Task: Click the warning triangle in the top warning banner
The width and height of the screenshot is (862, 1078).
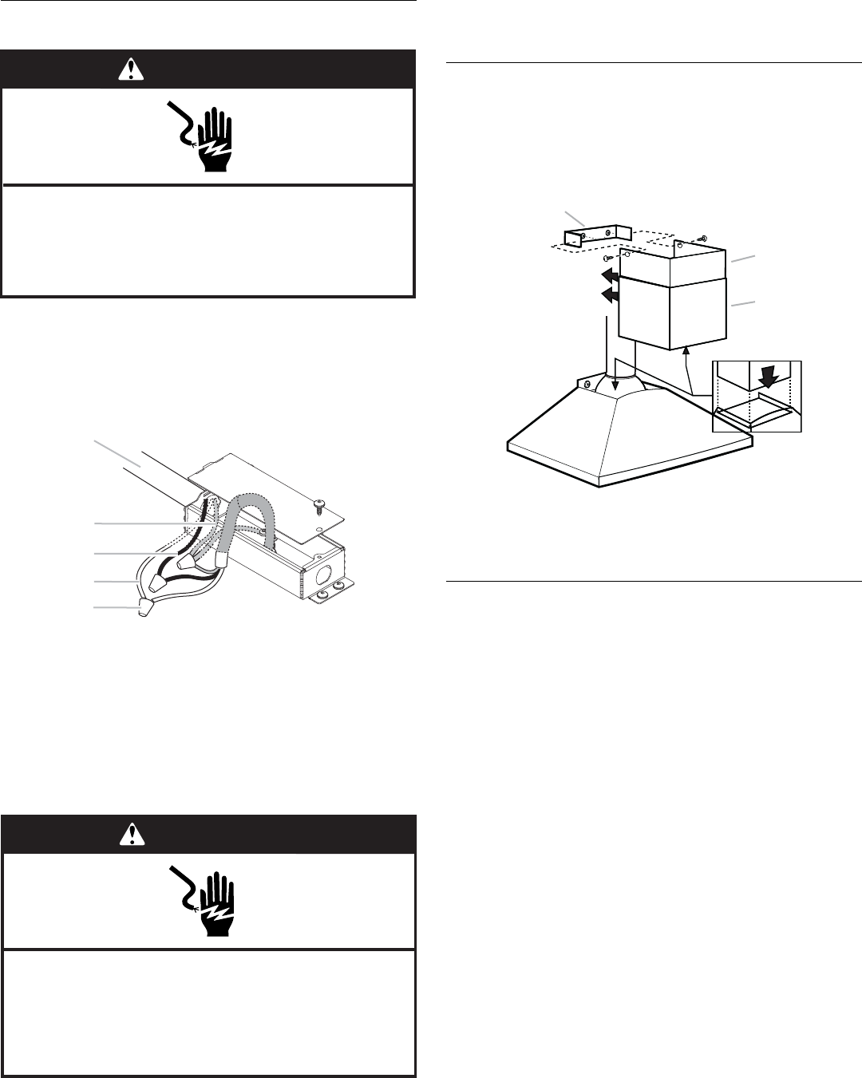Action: point(128,71)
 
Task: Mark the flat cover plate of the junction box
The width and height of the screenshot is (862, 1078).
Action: point(267,505)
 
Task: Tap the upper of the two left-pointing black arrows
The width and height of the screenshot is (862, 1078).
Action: point(609,275)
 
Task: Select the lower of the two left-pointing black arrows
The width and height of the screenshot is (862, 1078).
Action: point(609,296)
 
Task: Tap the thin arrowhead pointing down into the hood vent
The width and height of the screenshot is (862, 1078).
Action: point(615,386)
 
